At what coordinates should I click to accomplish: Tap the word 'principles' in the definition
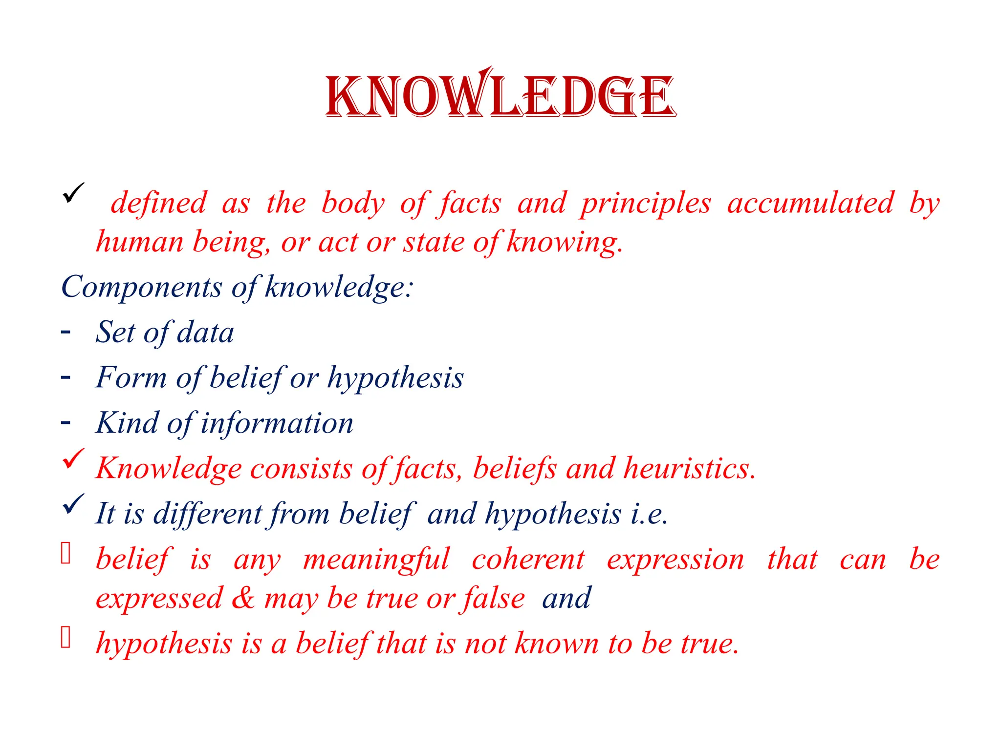(646, 203)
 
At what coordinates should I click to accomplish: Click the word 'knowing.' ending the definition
(565, 242)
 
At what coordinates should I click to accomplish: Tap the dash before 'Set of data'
(65, 332)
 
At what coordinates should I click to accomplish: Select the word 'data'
(205, 333)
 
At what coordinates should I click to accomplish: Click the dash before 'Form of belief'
(65, 377)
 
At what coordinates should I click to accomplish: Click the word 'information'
(277, 423)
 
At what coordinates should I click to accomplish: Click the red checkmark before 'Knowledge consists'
(73, 459)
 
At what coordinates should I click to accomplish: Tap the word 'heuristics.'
(690, 468)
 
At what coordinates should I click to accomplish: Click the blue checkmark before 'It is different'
(73, 504)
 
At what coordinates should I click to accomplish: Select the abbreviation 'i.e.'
(649, 514)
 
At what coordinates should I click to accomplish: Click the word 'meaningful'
(376, 560)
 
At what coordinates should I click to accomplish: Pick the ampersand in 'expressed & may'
(243, 598)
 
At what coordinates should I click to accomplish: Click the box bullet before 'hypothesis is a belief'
(66, 638)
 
